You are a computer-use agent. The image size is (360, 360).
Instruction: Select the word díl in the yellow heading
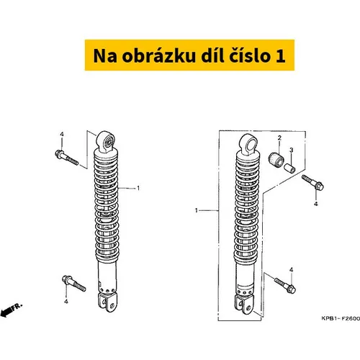point(211,55)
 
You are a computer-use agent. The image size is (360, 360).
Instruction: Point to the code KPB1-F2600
point(341,318)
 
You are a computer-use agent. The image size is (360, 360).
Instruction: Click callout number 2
point(279,138)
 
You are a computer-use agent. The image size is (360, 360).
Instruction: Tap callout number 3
point(291,150)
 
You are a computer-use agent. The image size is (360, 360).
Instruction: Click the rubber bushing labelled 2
point(276,160)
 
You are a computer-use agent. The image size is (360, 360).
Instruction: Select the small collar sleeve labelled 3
point(289,168)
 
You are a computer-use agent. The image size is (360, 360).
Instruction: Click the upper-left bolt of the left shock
point(66,158)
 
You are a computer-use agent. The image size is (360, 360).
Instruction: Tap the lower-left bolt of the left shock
point(73,283)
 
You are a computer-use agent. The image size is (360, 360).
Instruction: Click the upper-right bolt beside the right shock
point(312,182)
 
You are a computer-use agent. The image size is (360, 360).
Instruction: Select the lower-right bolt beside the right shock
point(285,285)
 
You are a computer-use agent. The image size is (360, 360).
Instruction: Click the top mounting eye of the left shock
point(106,142)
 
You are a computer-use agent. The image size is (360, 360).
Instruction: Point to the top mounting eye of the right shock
point(249,144)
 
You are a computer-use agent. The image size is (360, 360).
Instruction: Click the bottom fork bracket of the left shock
point(107,302)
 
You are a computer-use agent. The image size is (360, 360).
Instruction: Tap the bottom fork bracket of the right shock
point(243,305)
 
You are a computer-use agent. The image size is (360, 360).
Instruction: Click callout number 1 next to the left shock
point(138,189)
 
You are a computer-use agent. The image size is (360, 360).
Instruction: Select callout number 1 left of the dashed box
point(197,210)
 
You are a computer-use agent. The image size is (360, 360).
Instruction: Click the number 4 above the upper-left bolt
point(62,135)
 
